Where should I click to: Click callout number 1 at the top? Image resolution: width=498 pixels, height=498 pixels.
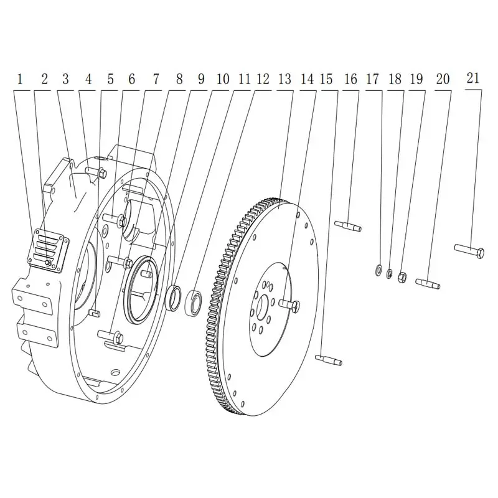(20, 80)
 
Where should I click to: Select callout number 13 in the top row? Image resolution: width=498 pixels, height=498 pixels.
(284, 80)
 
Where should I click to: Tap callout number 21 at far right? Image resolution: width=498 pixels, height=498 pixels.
(472, 78)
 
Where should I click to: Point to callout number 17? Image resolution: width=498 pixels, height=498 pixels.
(372, 80)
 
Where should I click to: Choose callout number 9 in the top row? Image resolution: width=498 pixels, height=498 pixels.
(201, 80)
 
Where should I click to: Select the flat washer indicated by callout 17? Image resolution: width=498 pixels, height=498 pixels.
(378, 270)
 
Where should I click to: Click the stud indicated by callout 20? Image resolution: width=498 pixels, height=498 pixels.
(428, 283)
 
